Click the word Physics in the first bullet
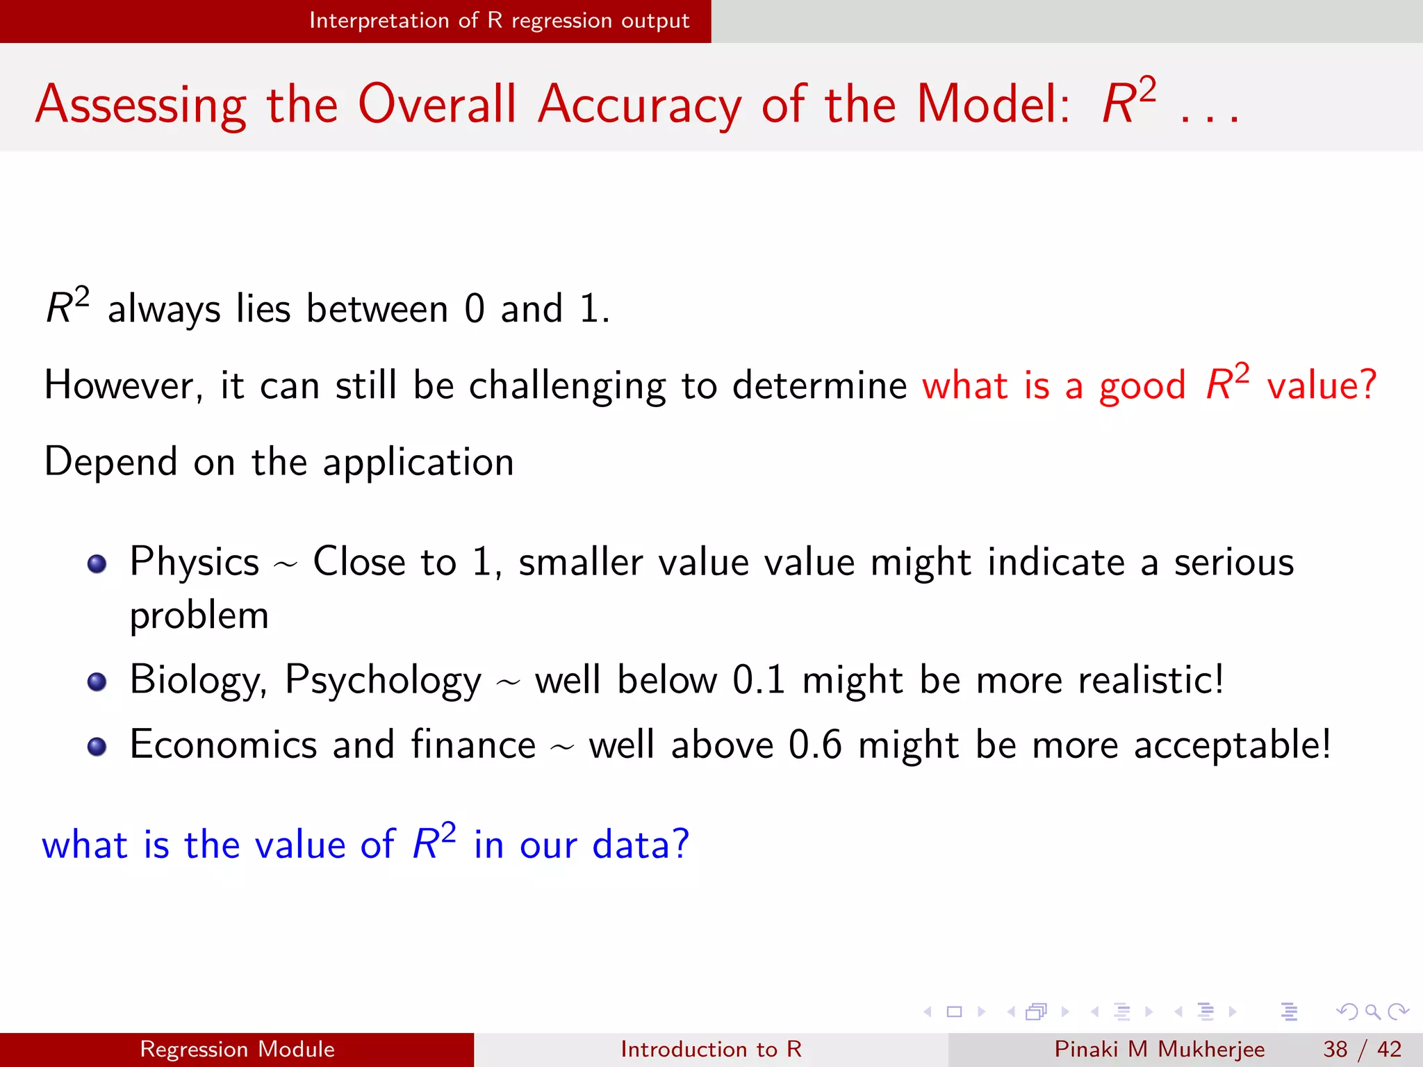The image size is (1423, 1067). pos(194,562)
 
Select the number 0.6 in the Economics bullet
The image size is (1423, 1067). pos(815,745)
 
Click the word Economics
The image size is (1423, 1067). pos(223,745)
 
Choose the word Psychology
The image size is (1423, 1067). pos(383,681)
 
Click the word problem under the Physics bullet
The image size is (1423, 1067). pos(199,616)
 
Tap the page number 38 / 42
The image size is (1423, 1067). pos(1362,1049)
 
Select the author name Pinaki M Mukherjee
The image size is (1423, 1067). pos(1159,1049)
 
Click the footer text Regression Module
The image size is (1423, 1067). pos(237,1049)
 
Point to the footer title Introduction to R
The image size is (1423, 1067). pos(711,1049)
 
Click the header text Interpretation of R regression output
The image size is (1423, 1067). pos(499,21)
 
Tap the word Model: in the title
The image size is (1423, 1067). pos(994,104)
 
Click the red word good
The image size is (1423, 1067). pos(1142,387)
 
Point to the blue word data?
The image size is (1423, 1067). pos(640,845)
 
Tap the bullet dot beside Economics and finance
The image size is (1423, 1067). pos(97,746)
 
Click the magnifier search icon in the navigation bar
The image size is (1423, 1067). pos(1372,1011)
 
